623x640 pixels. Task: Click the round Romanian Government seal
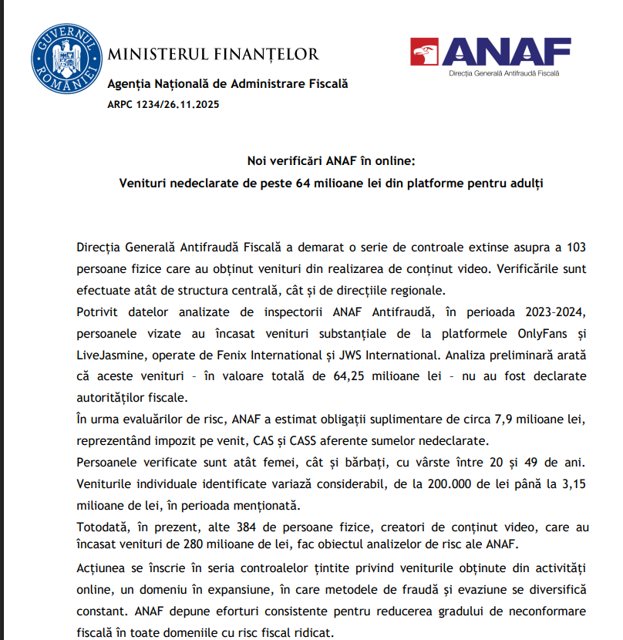(67, 57)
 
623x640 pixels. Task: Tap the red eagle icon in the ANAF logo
(425, 52)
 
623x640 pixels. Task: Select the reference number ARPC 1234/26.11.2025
(163, 103)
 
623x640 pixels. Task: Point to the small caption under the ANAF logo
(504, 74)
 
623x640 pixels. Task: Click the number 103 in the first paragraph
(575, 248)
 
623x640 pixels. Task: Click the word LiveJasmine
(112, 355)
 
